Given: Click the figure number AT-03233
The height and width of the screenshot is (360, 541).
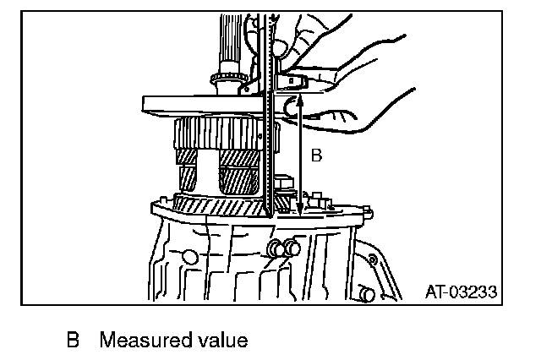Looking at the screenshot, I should click(x=460, y=292).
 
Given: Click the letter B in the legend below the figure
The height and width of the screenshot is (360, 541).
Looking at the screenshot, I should click(x=74, y=341).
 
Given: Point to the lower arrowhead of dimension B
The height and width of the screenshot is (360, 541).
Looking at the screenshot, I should click(x=301, y=211).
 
